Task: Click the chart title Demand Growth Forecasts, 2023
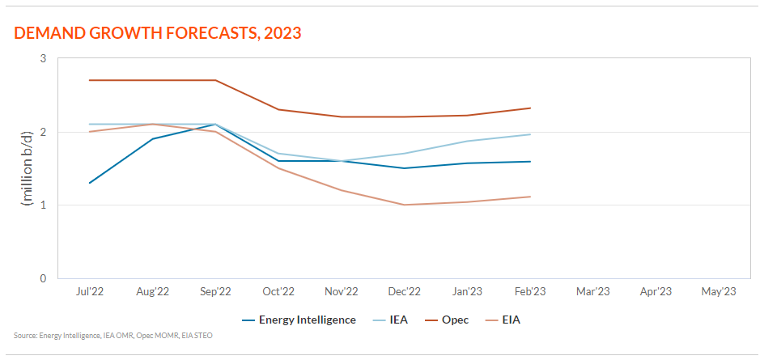click(158, 33)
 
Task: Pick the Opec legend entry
click(455, 320)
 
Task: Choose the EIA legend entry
click(511, 320)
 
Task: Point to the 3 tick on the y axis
click(43, 58)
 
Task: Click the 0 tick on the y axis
click(43, 278)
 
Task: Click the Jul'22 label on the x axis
click(89, 291)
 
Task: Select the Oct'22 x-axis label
click(278, 291)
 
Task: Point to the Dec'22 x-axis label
click(404, 291)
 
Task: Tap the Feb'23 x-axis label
click(530, 291)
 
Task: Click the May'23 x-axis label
click(719, 291)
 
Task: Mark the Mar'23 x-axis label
click(592, 291)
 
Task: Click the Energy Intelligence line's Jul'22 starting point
click(89, 183)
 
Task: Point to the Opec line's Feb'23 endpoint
click(530, 108)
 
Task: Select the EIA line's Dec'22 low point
click(404, 205)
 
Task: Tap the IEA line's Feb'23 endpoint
click(530, 134)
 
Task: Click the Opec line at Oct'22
click(278, 109)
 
